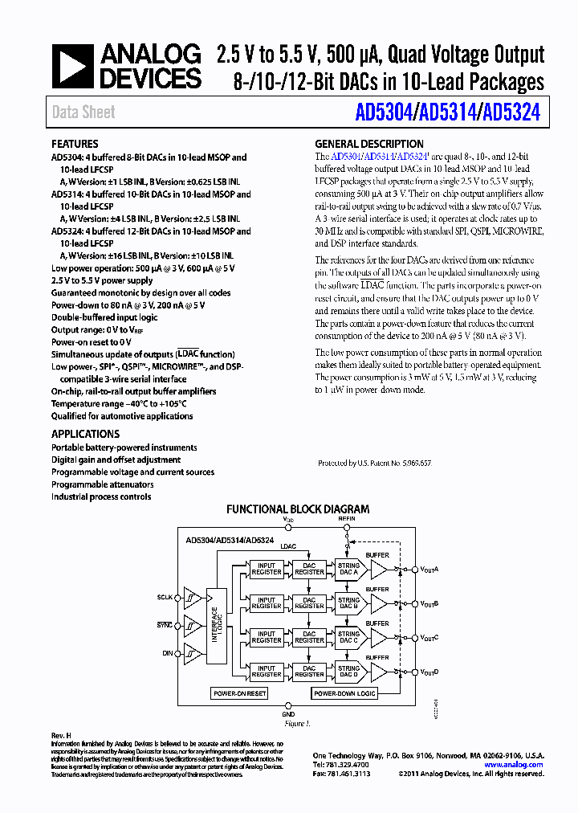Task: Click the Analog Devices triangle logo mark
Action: point(71,67)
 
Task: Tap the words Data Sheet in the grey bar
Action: point(83,112)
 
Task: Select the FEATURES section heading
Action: point(75,145)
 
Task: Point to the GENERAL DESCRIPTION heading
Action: point(364,145)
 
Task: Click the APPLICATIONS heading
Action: point(85,434)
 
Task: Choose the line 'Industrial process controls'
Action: point(101,496)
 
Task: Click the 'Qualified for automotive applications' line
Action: point(122,416)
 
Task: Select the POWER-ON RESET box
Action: point(239,693)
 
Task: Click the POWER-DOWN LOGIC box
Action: point(344,693)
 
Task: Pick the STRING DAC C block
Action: point(348,637)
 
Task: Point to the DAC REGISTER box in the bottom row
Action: point(309,671)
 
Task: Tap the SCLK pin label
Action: point(165,599)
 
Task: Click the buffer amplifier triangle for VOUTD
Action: point(378,671)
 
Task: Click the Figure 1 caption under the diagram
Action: point(297,724)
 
